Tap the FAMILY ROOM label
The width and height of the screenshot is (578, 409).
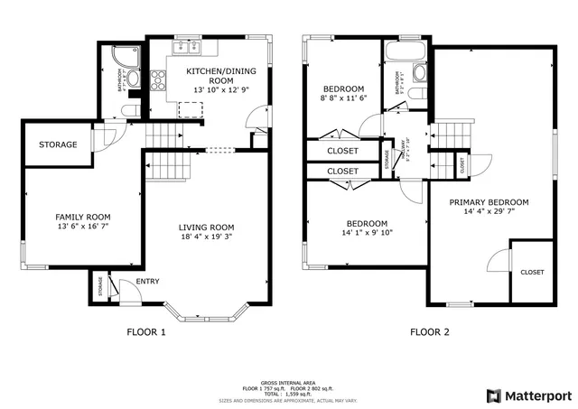(83, 217)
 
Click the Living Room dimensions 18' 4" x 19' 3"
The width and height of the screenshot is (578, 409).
(206, 238)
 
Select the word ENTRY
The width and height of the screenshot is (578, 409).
(148, 282)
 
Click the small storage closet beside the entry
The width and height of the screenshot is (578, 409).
(100, 287)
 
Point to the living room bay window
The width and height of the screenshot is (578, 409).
(213, 317)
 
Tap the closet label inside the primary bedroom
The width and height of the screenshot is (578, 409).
(532, 272)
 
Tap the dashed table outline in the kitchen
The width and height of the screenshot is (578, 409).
(191, 110)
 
